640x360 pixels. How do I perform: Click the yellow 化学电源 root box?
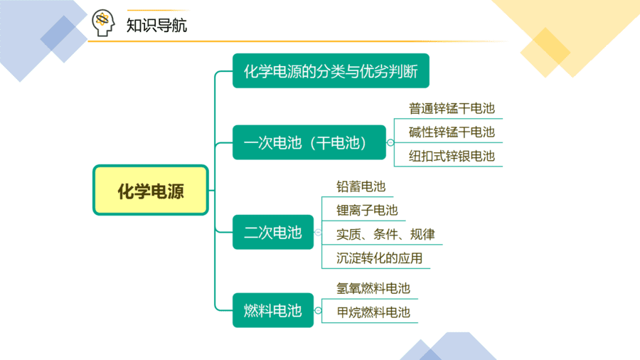pos(151,190)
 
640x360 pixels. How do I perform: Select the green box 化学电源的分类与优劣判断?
pos(331,70)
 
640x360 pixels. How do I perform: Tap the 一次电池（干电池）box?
pos(309,142)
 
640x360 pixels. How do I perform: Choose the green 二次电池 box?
pos(272,232)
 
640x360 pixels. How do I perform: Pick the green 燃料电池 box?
pos(272,310)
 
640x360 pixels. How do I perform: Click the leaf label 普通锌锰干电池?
pos(452,109)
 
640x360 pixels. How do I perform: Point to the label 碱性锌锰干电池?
pos(452,132)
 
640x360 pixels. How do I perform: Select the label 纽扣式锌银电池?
pos(452,156)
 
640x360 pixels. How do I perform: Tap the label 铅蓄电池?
pos(361,186)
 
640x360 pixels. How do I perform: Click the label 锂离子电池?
pos(367,210)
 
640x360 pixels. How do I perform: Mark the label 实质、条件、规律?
pos(385,234)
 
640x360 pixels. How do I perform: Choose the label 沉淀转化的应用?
pos(379,258)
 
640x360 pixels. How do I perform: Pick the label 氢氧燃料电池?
pos(373,289)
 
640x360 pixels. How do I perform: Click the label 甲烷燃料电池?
pos(373,312)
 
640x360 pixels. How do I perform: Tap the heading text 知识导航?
pos(156,26)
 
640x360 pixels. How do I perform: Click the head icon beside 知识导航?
pos(103,23)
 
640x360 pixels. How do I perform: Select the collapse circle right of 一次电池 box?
pos(390,142)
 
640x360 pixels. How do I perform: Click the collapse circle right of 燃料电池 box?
pos(318,311)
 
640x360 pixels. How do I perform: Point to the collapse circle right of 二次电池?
pos(318,232)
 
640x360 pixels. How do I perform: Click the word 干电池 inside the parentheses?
pos(338,143)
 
